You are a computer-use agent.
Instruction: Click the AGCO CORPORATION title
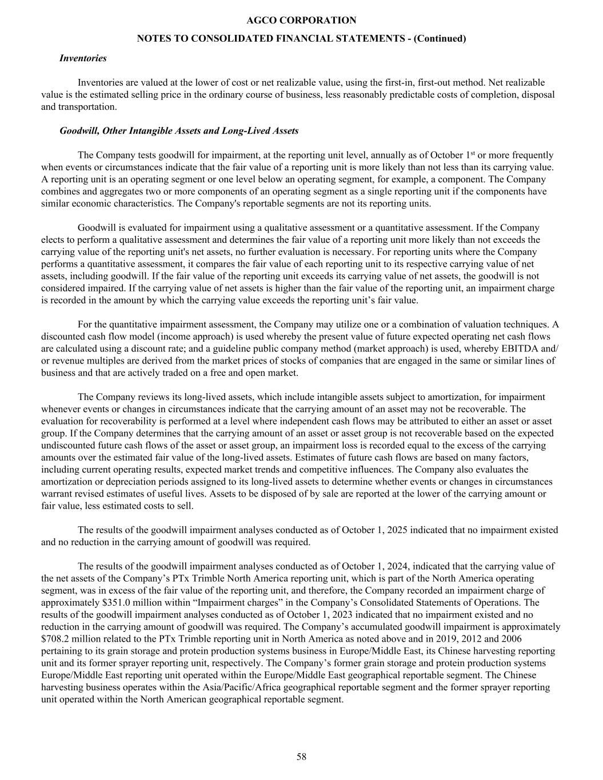301,21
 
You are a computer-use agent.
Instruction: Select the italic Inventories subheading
83,58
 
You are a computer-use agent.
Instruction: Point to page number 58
301,757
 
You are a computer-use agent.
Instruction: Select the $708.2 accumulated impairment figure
56,639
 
